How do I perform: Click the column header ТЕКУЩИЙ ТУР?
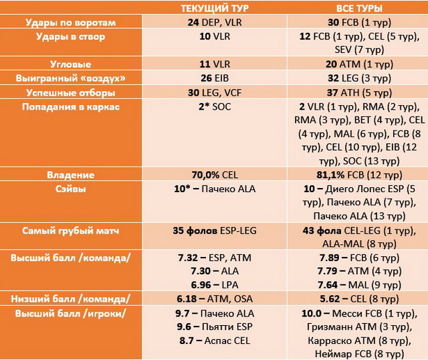tap(215, 8)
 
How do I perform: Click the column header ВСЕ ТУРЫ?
tap(359, 8)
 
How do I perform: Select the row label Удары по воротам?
tap(71, 22)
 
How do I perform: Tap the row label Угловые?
tap(71, 64)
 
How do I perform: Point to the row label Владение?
tap(71, 175)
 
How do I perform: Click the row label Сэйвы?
tap(71, 189)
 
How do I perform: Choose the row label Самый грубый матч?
tap(71, 231)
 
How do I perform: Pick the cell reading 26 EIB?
tap(215, 78)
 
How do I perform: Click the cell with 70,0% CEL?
tap(215, 175)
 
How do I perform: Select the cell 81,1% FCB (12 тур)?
tap(359, 175)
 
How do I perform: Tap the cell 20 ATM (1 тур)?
tap(359, 64)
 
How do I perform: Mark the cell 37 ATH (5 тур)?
tap(359, 92)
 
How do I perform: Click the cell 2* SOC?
tap(215, 106)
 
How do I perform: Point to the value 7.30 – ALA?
tap(215, 271)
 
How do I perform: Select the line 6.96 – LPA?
tap(215, 285)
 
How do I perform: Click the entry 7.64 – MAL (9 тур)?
tap(359, 285)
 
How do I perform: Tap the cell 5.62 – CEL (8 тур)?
tap(359, 299)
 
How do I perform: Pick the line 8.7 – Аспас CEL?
tap(215, 341)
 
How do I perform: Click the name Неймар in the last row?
tap(330, 354)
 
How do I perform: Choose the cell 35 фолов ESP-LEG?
tap(215, 231)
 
